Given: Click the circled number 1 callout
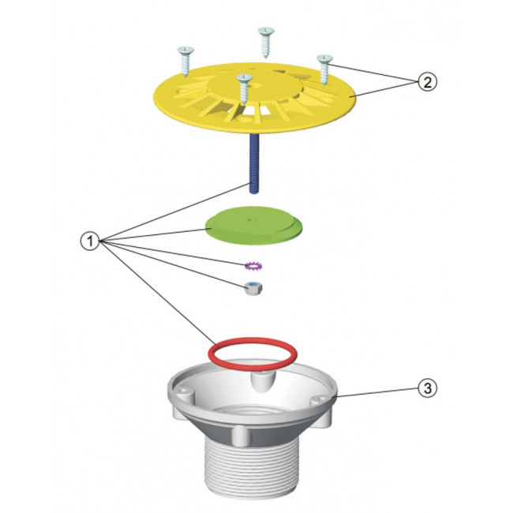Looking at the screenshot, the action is point(90,242).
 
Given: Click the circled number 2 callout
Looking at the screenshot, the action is point(427,82).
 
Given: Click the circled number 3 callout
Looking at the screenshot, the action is point(427,388).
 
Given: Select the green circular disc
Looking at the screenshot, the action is point(253,226).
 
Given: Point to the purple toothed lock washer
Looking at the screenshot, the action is point(253,266).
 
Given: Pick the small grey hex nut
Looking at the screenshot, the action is point(254,288).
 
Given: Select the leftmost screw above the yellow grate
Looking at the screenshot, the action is point(185,62).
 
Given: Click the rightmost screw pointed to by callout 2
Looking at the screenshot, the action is point(324,69).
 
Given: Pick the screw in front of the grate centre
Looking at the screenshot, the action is point(245,89).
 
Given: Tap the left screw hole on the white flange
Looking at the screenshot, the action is point(183,391).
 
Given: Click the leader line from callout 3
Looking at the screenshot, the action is point(377,392).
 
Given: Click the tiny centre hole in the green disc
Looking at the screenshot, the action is point(250,220).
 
